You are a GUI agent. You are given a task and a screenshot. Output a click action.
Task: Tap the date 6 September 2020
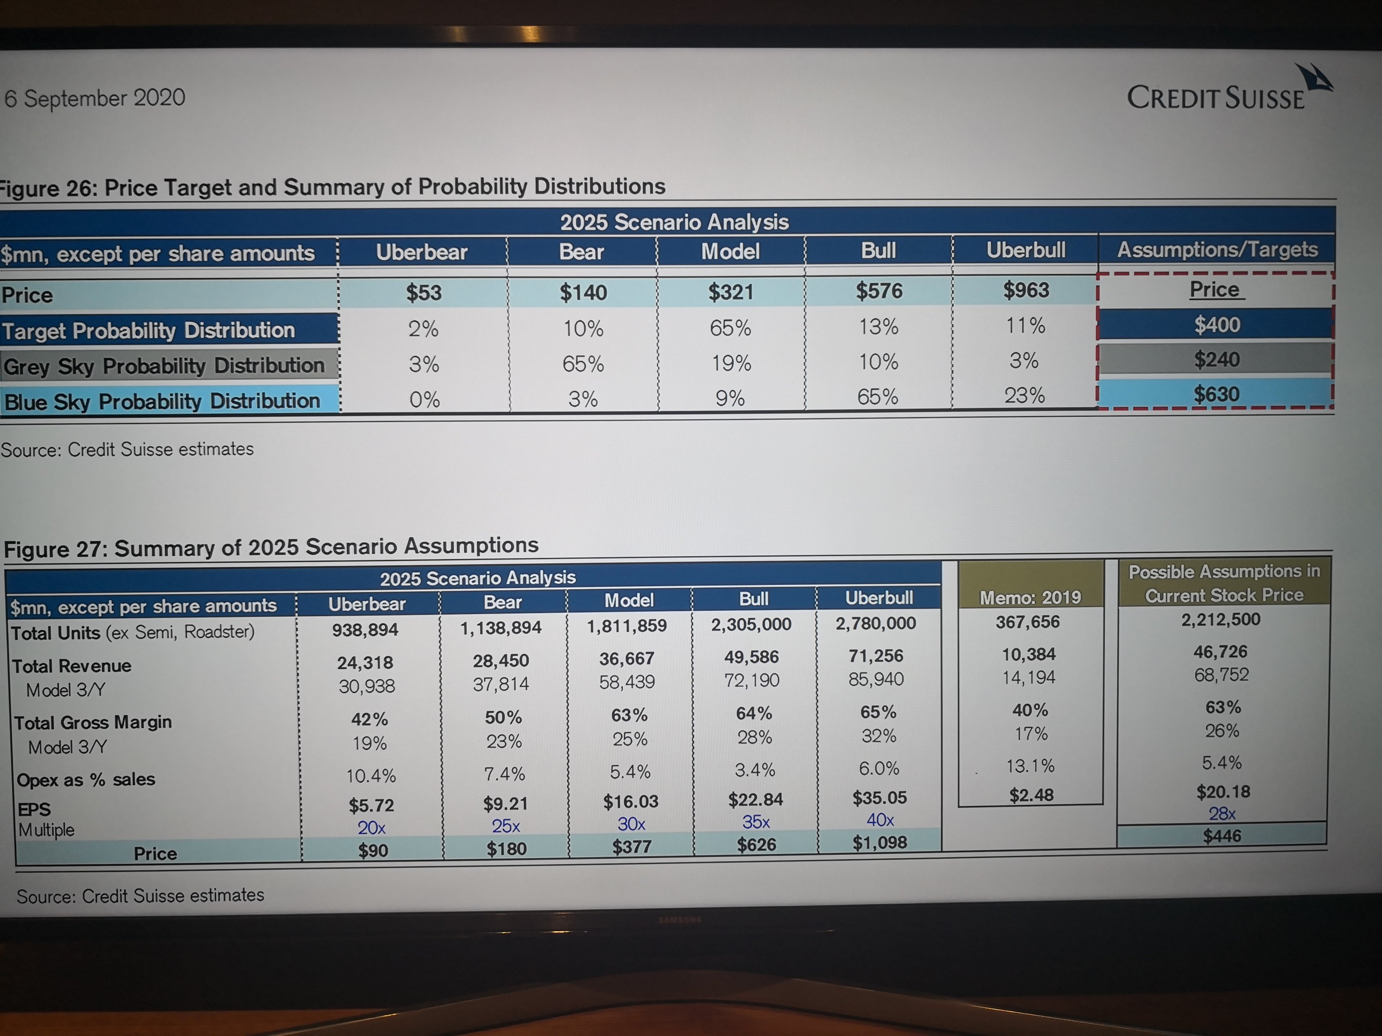coord(95,98)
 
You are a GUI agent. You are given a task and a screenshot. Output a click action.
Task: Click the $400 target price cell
coord(1216,325)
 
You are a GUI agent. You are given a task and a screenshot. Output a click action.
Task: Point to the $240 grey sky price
coord(1216,360)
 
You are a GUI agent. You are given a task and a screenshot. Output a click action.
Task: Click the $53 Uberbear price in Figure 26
coord(424,292)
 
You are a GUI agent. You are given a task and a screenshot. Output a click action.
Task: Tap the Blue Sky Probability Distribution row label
coord(162,401)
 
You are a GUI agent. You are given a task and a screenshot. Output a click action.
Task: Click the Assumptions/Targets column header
coord(1217,250)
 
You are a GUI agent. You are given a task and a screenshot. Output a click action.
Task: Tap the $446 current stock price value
coord(1222,835)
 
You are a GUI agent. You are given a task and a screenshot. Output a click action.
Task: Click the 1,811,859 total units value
coord(627,626)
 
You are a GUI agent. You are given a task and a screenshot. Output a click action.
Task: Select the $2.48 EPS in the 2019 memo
coord(1031,795)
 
